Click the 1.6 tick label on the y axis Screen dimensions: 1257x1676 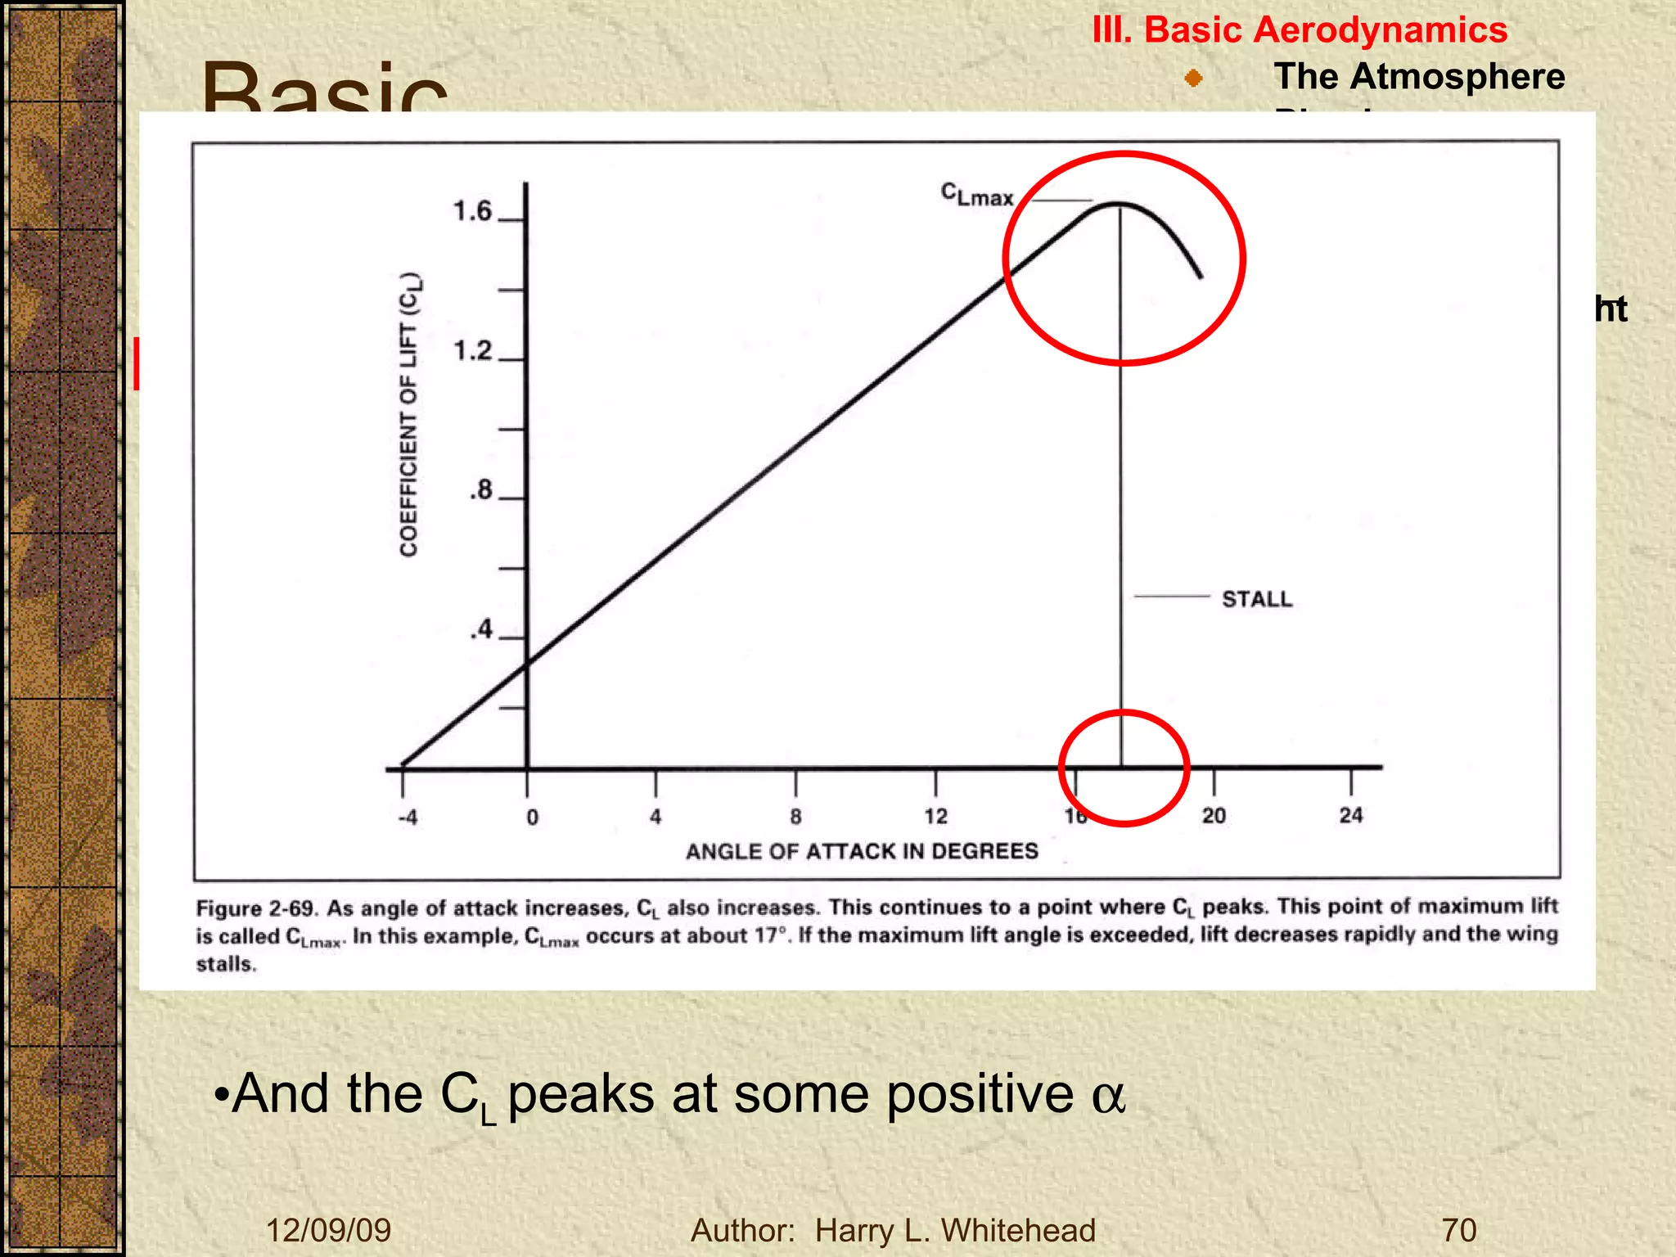pyautogui.click(x=472, y=212)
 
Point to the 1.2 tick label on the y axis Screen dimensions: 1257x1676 pyautogui.click(x=472, y=352)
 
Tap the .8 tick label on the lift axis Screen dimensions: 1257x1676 pyautogui.click(x=481, y=491)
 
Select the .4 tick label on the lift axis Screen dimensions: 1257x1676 pyautogui.click(x=481, y=630)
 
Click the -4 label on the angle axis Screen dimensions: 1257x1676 pyautogui.click(x=408, y=818)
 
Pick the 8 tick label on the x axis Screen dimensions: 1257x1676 pyautogui.click(x=795, y=817)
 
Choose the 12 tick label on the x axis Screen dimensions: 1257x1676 pyautogui.click(x=935, y=816)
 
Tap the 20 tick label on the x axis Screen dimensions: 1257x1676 pyautogui.click(x=1214, y=816)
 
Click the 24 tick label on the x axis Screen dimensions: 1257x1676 pyautogui.click(x=1351, y=815)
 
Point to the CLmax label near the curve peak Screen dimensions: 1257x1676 pyautogui.click(x=977, y=196)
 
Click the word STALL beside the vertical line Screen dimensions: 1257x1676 pyautogui.click(x=1257, y=600)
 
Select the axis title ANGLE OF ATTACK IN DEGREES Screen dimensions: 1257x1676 pyautogui.click(x=862, y=852)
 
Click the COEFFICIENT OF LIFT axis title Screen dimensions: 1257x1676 pyautogui.click(x=409, y=414)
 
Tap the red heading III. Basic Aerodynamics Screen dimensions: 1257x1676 pyautogui.click(x=1300, y=30)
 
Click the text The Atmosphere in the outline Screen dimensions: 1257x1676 pyautogui.click(x=1419, y=77)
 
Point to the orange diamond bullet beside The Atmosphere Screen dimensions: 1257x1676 pyautogui.click(x=1194, y=79)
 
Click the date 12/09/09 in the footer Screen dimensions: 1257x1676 pyautogui.click(x=329, y=1231)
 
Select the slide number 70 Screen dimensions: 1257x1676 pyautogui.click(x=1459, y=1231)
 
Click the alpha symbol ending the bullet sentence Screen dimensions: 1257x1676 pyautogui.click(x=1108, y=1097)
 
